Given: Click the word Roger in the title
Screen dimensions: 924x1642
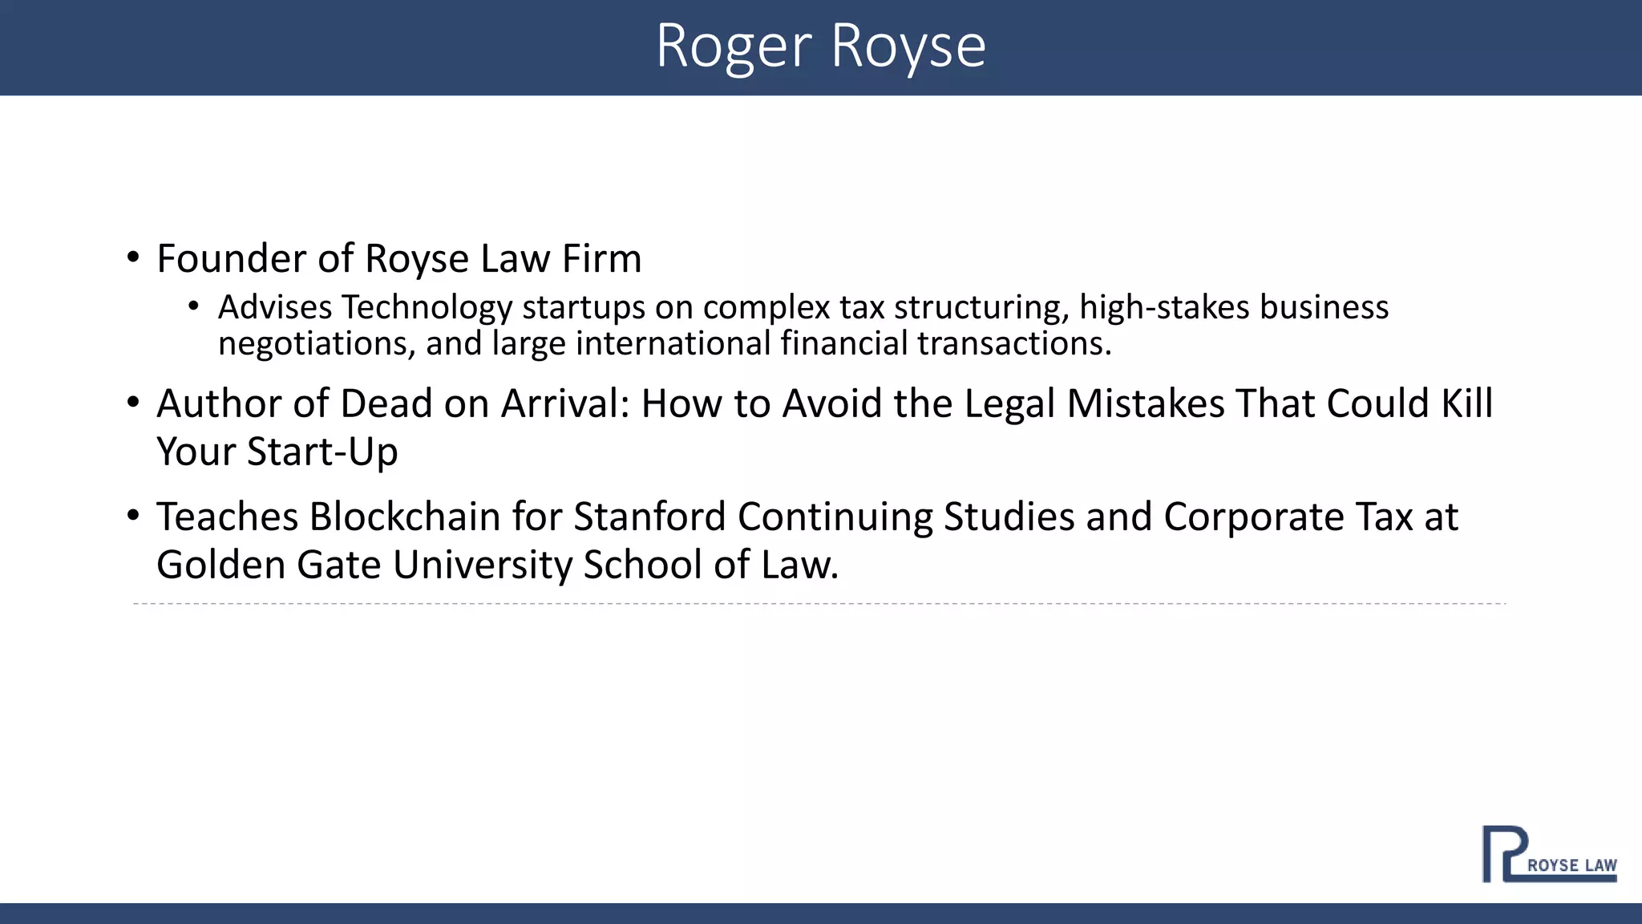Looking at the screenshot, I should (x=734, y=47).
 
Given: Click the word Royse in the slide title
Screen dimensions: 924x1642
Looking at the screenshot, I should (x=908, y=47).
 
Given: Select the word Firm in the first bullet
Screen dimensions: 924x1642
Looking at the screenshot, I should (x=601, y=259).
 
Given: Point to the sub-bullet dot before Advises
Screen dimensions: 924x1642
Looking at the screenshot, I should (x=193, y=306).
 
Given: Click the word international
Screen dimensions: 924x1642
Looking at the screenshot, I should (x=673, y=344).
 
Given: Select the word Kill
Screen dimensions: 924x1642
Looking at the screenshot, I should (x=1467, y=403).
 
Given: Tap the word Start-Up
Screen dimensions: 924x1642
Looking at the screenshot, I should (x=322, y=452).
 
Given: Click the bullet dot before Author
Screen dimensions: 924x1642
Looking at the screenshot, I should (x=133, y=403).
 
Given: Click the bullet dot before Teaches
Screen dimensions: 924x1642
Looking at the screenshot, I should (x=133, y=516).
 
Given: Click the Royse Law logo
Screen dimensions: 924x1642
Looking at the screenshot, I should (x=1548, y=854).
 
